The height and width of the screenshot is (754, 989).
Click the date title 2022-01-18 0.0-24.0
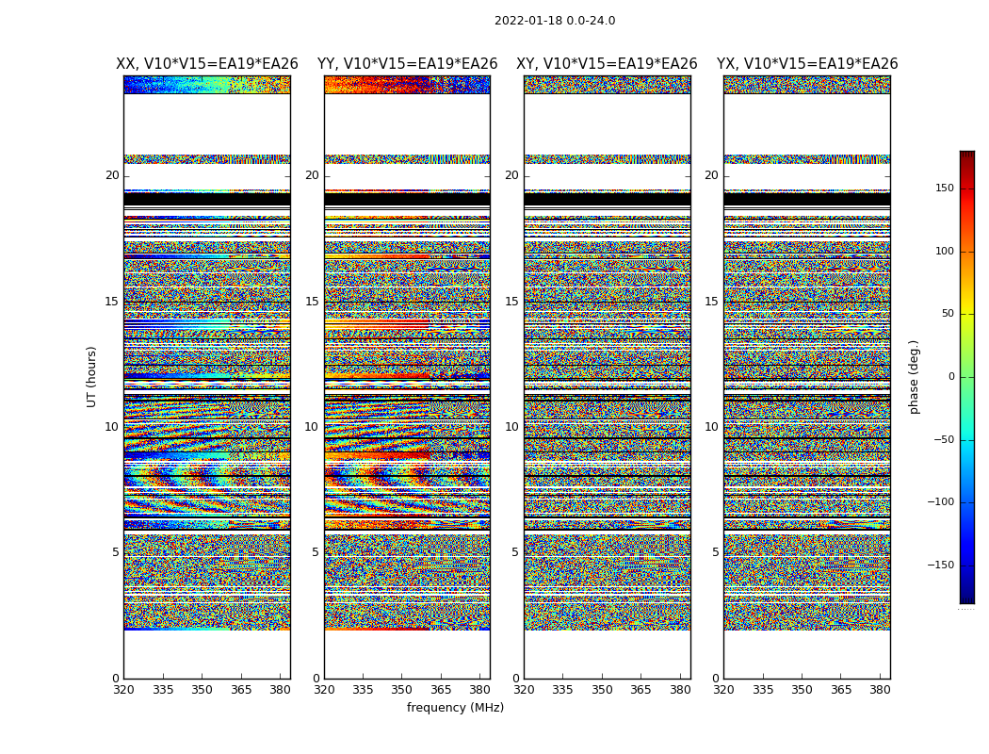(x=555, y=21)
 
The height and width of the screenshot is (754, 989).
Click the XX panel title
(x=207, y=64)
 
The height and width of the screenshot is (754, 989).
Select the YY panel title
(x=407, y=64)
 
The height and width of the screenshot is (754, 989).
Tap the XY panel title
(x=607, y=64)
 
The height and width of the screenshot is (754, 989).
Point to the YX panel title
(x=807, y=64)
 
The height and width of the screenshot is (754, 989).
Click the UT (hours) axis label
(x=92, y=376)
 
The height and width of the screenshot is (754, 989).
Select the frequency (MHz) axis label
(x=455, y=708)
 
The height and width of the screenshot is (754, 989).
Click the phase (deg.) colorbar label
(x=914, y=376)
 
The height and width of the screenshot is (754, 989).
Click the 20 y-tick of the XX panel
(x=112, y=175)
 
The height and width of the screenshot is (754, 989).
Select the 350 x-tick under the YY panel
(x=402, y=689)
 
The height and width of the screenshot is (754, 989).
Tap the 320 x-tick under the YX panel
(x=723, y=689)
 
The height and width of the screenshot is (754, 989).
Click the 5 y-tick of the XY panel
(x=515, y=552)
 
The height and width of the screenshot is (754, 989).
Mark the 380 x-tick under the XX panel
(x=280, y=689)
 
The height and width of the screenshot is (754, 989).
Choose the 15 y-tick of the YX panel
(x=711, y=302)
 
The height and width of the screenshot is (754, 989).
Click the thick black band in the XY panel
(x=607, y=199)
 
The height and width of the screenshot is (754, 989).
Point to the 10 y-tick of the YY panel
(x=312, y=427)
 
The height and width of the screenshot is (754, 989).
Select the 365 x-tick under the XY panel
(x=640, y=689)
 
